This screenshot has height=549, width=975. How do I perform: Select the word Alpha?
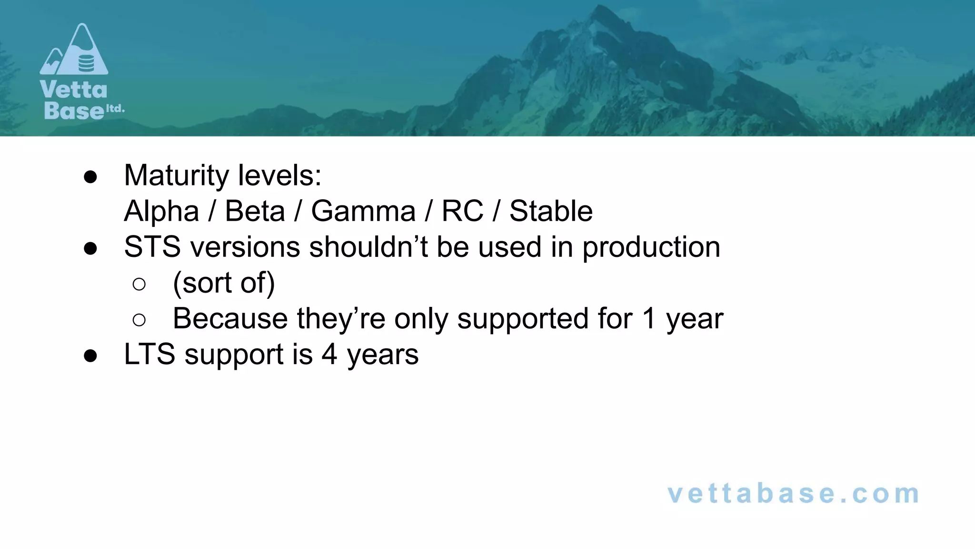coord(161,211)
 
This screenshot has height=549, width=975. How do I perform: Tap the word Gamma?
coord(363,211)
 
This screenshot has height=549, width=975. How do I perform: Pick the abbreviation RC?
coord(462,211)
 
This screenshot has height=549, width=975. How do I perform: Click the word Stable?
coord(551,211)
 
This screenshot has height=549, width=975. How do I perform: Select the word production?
coord(651,248)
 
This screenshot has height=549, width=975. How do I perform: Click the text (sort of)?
coord(224,283)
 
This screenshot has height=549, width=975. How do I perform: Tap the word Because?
coord(230,318)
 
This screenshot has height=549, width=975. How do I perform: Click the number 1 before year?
coord(648,318)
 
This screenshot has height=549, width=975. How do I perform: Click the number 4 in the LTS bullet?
coord(329,355)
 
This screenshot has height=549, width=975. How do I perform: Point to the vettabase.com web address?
coord(794,493)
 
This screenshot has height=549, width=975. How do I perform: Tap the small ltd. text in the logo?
coord(115,109)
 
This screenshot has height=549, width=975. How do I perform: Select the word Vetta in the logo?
coord(74,90)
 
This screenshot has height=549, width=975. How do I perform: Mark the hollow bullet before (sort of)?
coord(139,285)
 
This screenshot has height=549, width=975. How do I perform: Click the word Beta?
coord(255,211)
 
